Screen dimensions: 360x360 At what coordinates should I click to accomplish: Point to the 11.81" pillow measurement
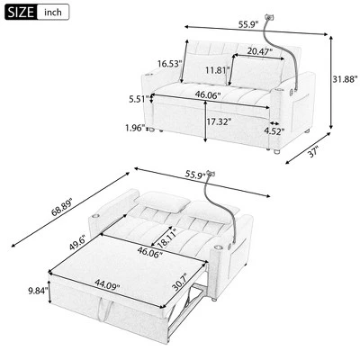(x=214, y=70)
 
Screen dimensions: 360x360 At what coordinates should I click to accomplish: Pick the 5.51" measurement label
(x=140, y=100)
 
